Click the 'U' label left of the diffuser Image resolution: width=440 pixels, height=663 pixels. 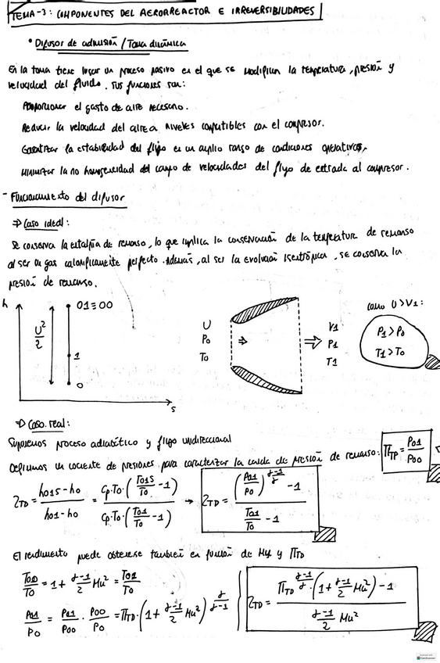pyautogui.click(x=205, y=323)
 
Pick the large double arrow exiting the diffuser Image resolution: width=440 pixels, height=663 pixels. pyautogui.click(x=313, y=341)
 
